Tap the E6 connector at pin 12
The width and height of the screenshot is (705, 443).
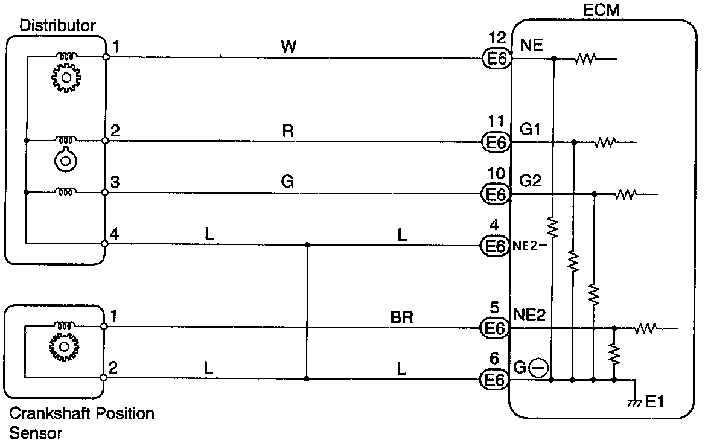tap(496, 59)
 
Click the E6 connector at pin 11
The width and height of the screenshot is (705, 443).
tap(496, 142)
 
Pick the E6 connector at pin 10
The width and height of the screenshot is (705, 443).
tap(496, 194)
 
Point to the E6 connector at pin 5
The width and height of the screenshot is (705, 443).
tap(496, 328)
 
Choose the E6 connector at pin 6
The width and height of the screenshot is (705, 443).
tap(496, 380)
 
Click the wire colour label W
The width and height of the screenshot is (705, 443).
tap(289, 46)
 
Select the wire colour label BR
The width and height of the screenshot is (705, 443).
tap(402, 317)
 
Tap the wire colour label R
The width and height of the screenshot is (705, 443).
tap(288, 131)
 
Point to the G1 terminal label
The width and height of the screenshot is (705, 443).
tap(531, 129)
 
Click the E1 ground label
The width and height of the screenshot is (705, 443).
tap(655, 401)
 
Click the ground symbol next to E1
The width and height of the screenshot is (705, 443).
tap(634, 401)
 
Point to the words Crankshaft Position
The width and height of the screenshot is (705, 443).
tap(82, 415)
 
